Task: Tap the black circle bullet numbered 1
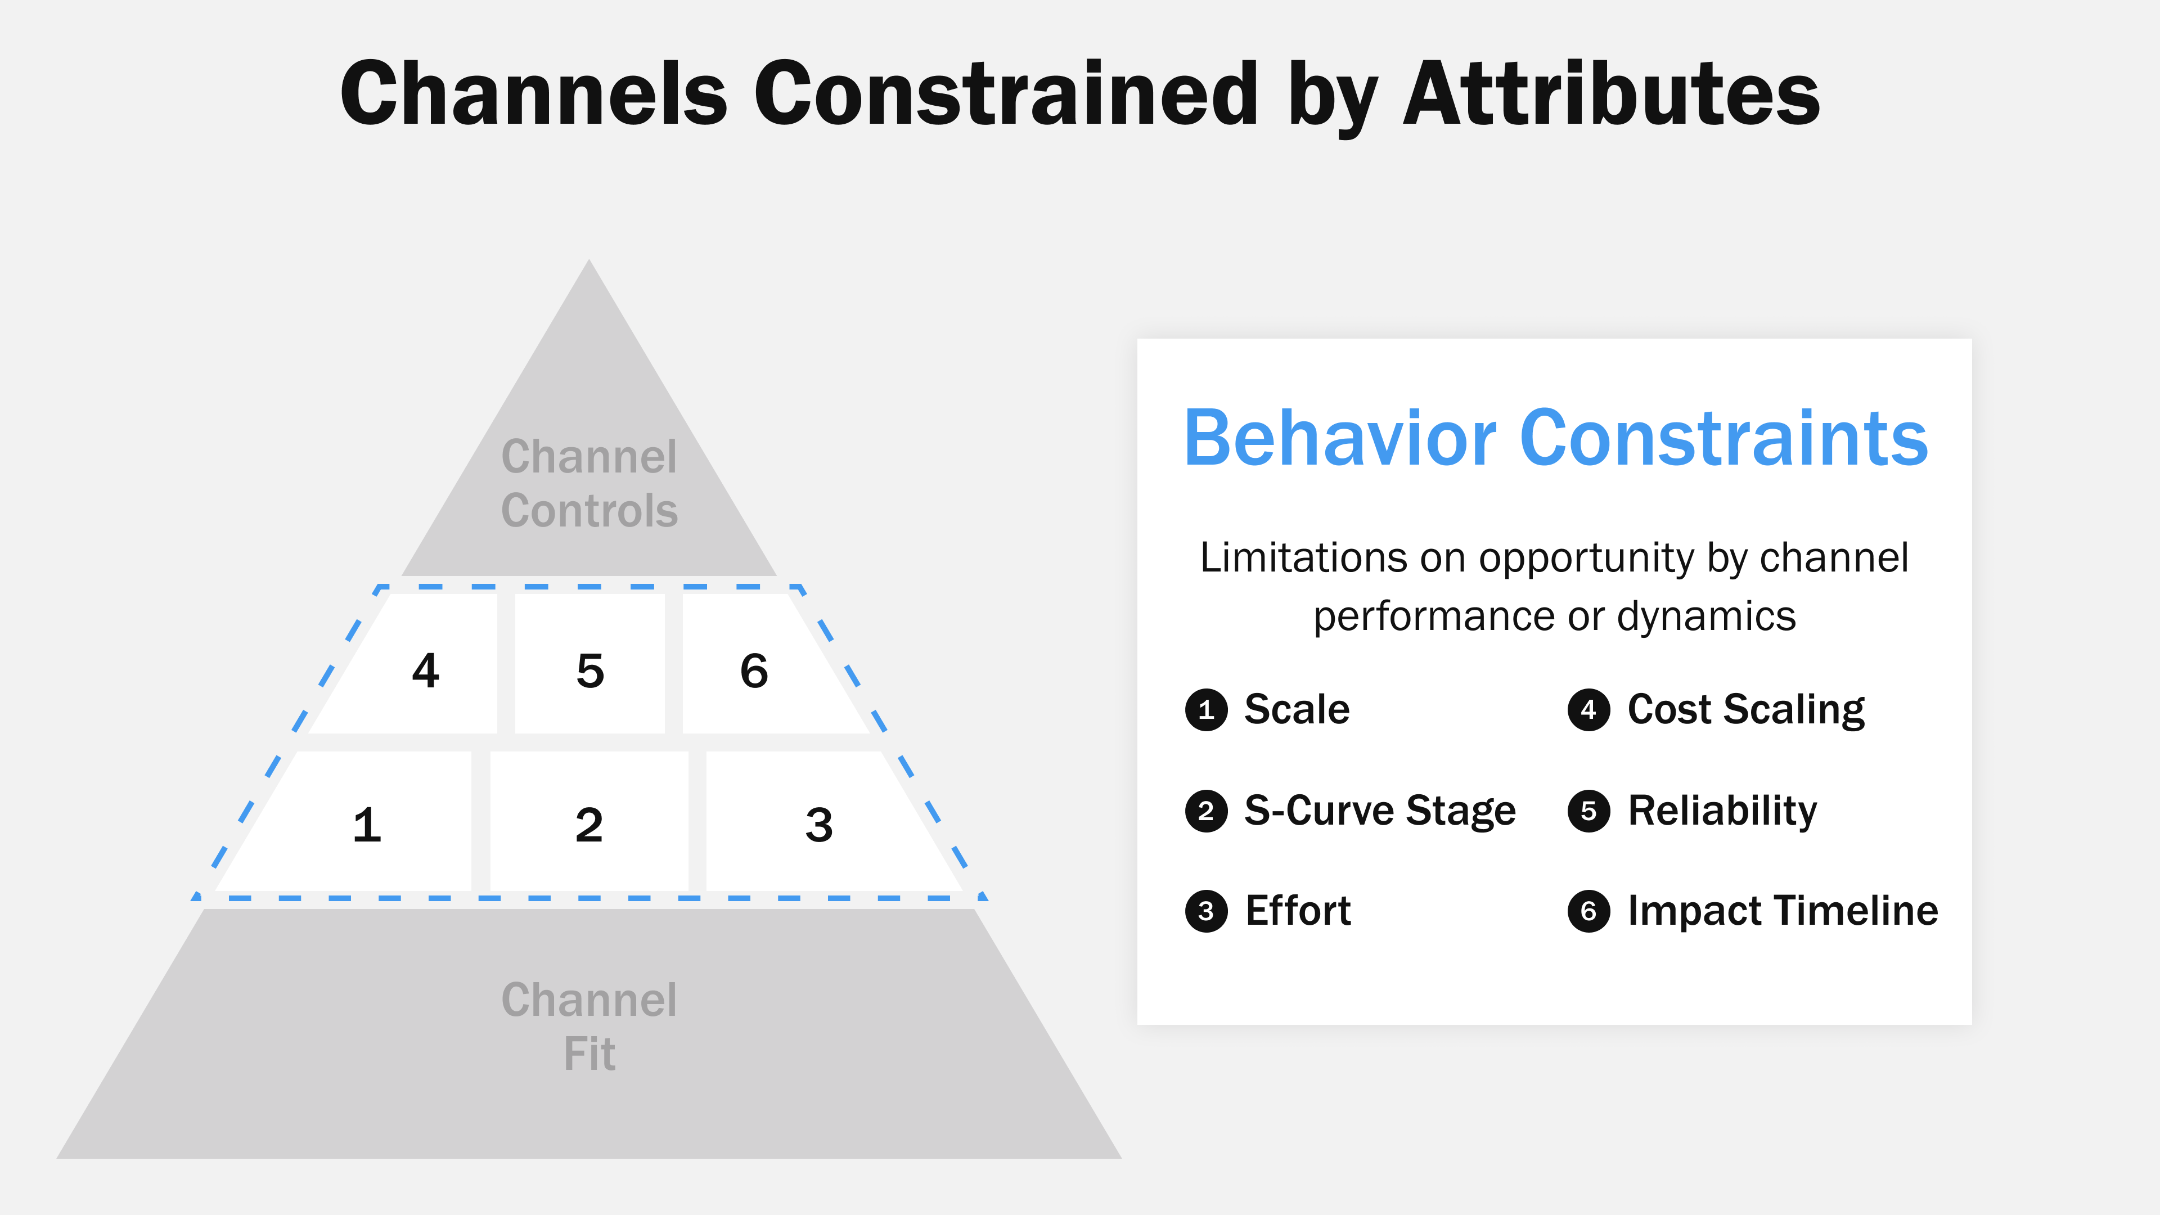click(x=1206, y=710)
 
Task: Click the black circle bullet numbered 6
click(x=1588, y=911)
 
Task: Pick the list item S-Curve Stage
click(x=1379, y=811)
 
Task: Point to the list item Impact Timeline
click(x=1782, y=911)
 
